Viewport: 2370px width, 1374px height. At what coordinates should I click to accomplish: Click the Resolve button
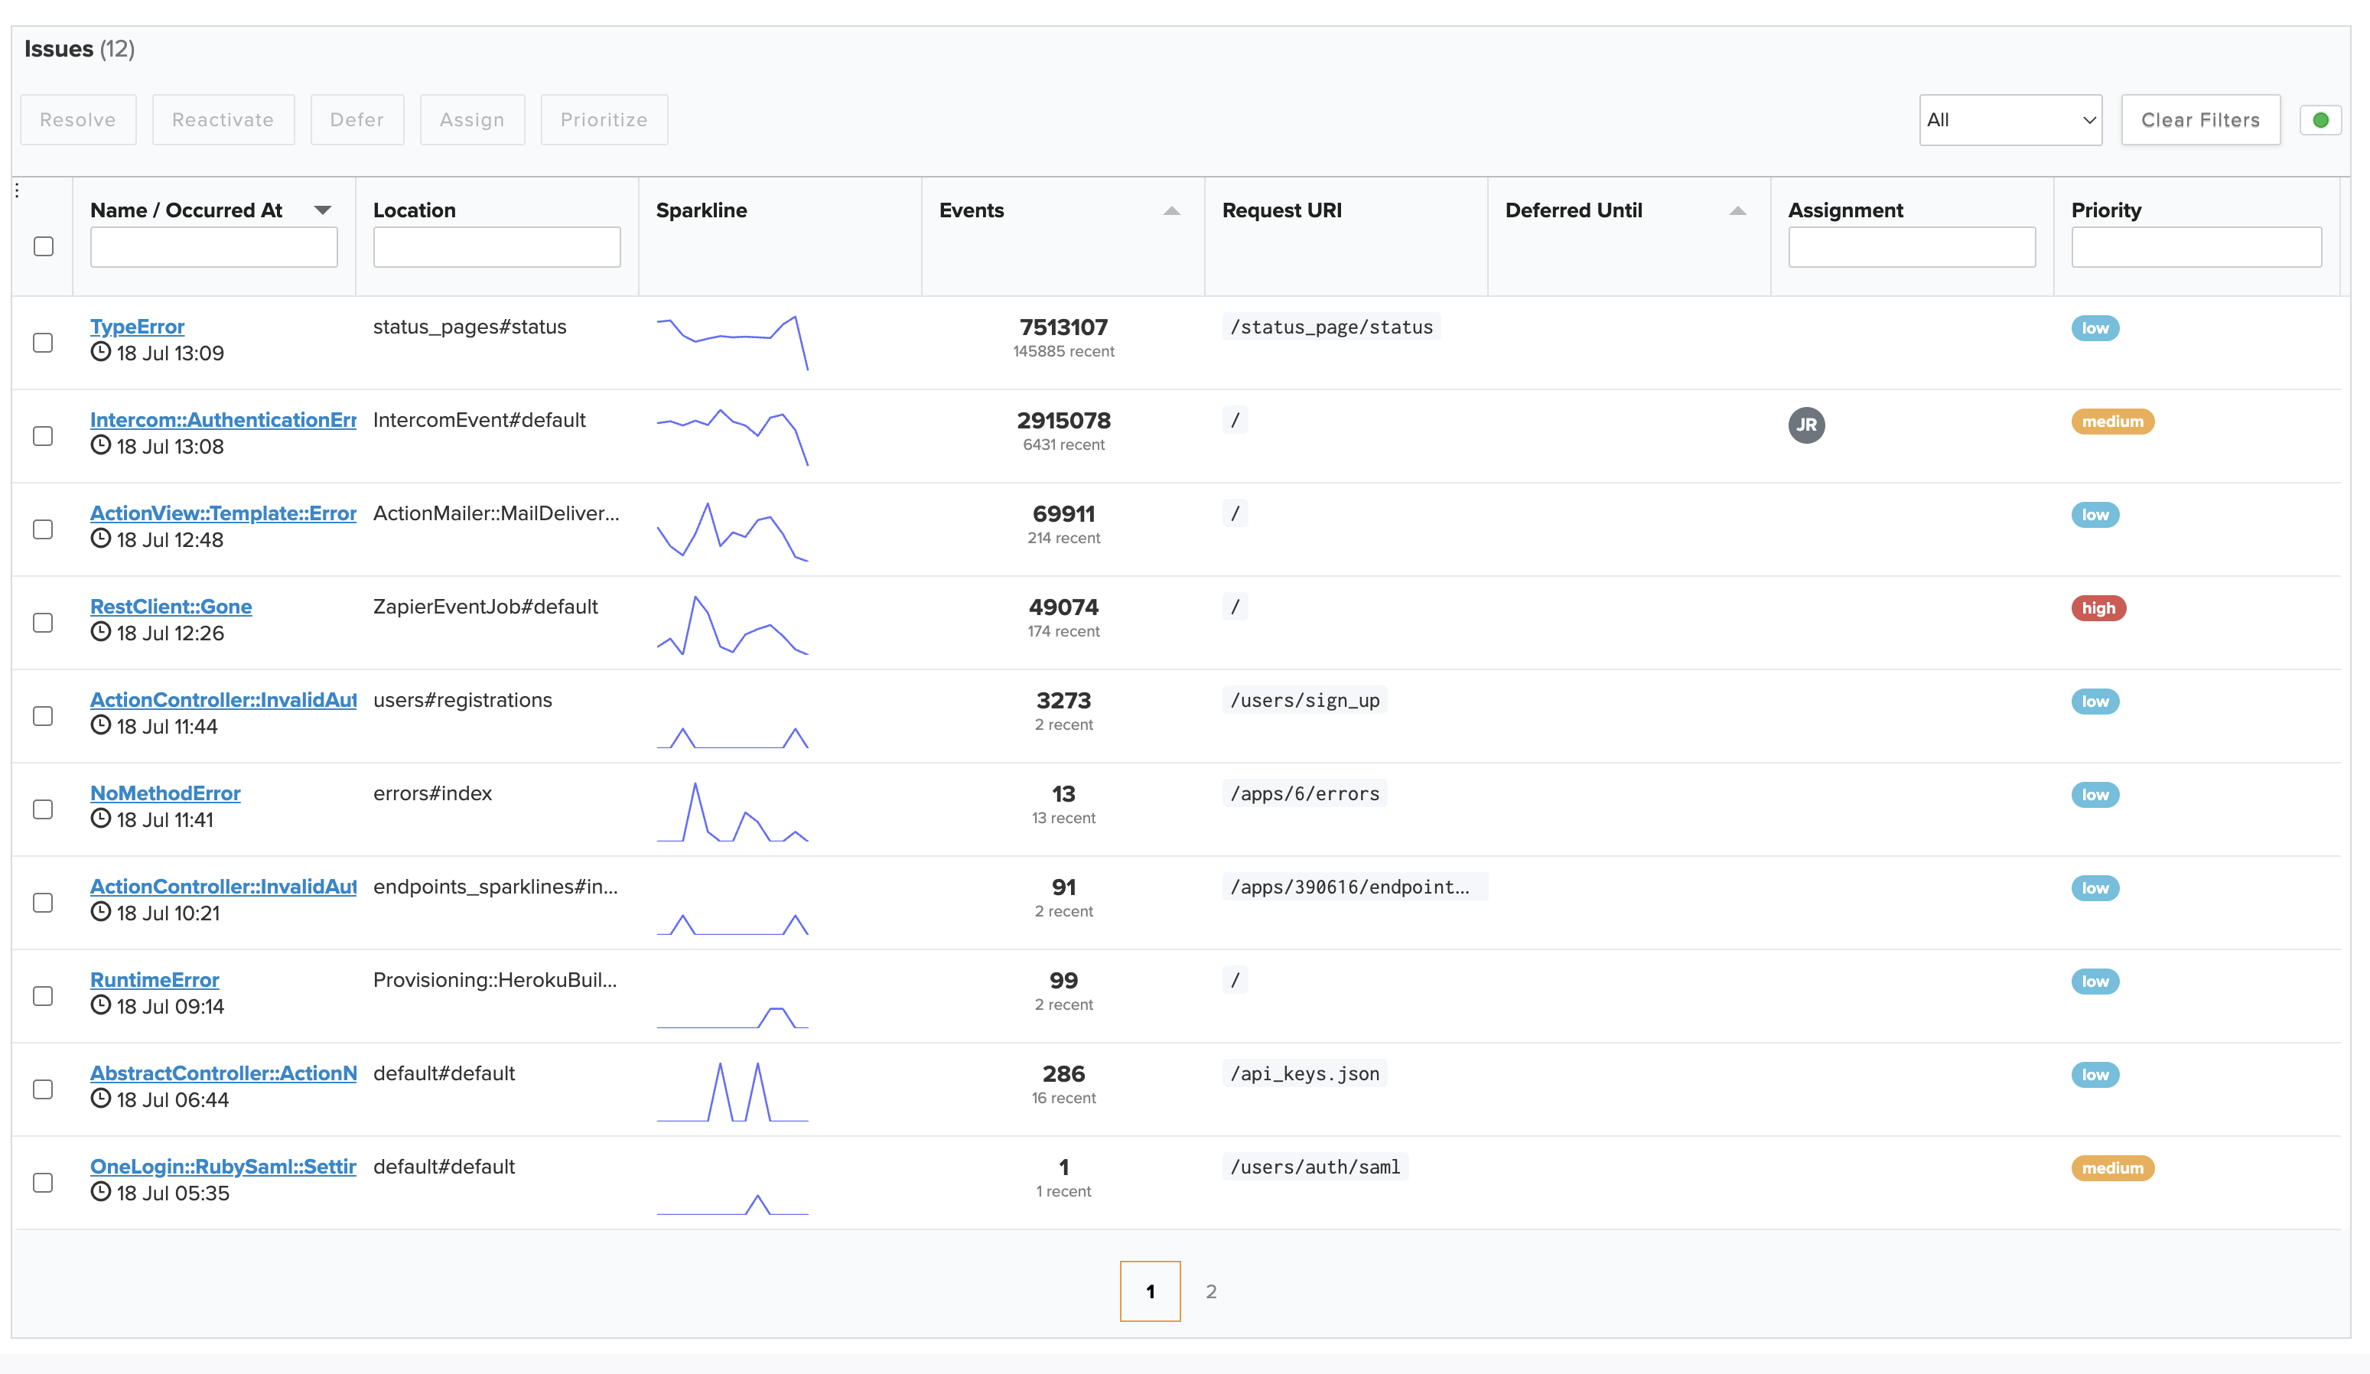point(78,119)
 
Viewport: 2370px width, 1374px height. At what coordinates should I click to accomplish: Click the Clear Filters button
point(2199,119)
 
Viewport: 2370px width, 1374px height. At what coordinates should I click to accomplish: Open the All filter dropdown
point(2010,119)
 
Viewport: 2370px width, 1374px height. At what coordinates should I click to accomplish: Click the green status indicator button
point(2320,119)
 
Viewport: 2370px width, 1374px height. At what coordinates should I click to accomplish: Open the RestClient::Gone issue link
point(171,607)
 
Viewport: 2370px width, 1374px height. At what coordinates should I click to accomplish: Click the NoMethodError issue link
point(164,793)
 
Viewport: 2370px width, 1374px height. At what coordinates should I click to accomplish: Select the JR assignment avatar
point(1805,425)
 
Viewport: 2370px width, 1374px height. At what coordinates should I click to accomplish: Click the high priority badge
point(2097,608)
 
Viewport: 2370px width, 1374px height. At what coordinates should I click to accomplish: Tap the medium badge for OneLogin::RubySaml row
point(2111,1168)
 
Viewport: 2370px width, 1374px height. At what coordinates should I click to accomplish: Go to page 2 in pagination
point(1210,1291)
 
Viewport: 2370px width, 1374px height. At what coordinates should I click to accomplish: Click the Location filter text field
point(496,247)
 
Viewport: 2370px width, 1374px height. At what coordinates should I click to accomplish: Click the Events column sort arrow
point(1171,210)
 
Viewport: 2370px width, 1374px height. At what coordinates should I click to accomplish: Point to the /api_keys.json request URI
point(1304,1074)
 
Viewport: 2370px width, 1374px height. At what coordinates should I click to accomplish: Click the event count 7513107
point(1063,327)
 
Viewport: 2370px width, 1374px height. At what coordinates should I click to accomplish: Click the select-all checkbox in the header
point(44,246)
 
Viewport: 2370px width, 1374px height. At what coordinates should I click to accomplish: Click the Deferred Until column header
point(1574,210)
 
